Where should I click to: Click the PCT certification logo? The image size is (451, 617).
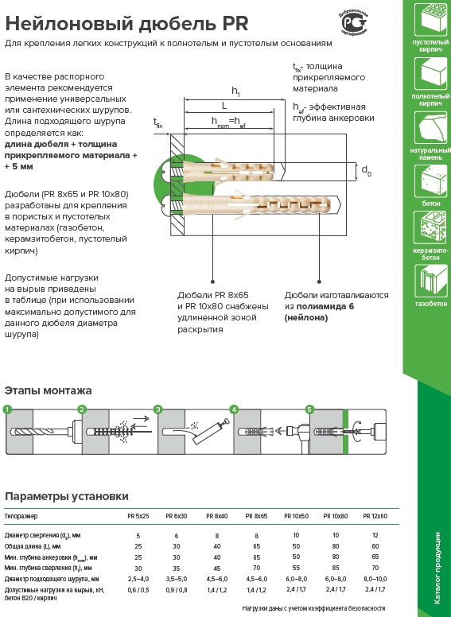pyautogui.click(x=354, y=22)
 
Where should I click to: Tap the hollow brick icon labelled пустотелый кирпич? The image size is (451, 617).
pyautogui.click(x=430, y=18)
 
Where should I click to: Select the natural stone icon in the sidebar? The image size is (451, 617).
pyautogui.click(x=430, y=127)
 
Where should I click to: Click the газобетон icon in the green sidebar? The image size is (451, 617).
pyautogui.click(x=430, y=281)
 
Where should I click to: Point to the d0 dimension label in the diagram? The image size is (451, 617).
pyautogui.click(x=366, y=171)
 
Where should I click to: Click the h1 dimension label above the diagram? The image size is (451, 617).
pyautogui.click(x=235, y=91)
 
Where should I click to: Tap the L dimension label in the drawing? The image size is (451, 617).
pyautogui.click(x=224, y=106)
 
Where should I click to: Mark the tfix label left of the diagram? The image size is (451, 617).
pyautogui.click(x=157, y=122)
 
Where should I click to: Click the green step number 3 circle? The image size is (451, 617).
pyautogui.click(x=158, y=409)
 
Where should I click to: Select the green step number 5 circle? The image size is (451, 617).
pyautogui.click(x=309, y=409)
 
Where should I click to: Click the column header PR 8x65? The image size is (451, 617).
pyautogui.click(x=256, y=516)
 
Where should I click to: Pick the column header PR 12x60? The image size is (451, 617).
pyautogui.click(x=375, y=516)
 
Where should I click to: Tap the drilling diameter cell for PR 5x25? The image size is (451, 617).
pyautogui.click(x=138, y=536)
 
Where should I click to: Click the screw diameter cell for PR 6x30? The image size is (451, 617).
pyautogui.click(x=177, y=579)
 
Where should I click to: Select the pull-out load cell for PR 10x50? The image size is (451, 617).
pyautogui.click(x=297, y=589)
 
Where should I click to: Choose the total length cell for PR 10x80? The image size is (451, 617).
pyautogui.click(x=336, y=546)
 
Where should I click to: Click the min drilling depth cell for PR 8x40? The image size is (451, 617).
pyautogui.click(x=217, y=568)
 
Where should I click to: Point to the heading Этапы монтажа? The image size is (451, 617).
pyautogui.click(x=48, y=390)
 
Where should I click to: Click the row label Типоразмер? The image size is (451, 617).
pyautogui.click(x=21, y=516)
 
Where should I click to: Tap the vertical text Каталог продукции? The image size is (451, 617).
pyautogui.click(x=437, y=568)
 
